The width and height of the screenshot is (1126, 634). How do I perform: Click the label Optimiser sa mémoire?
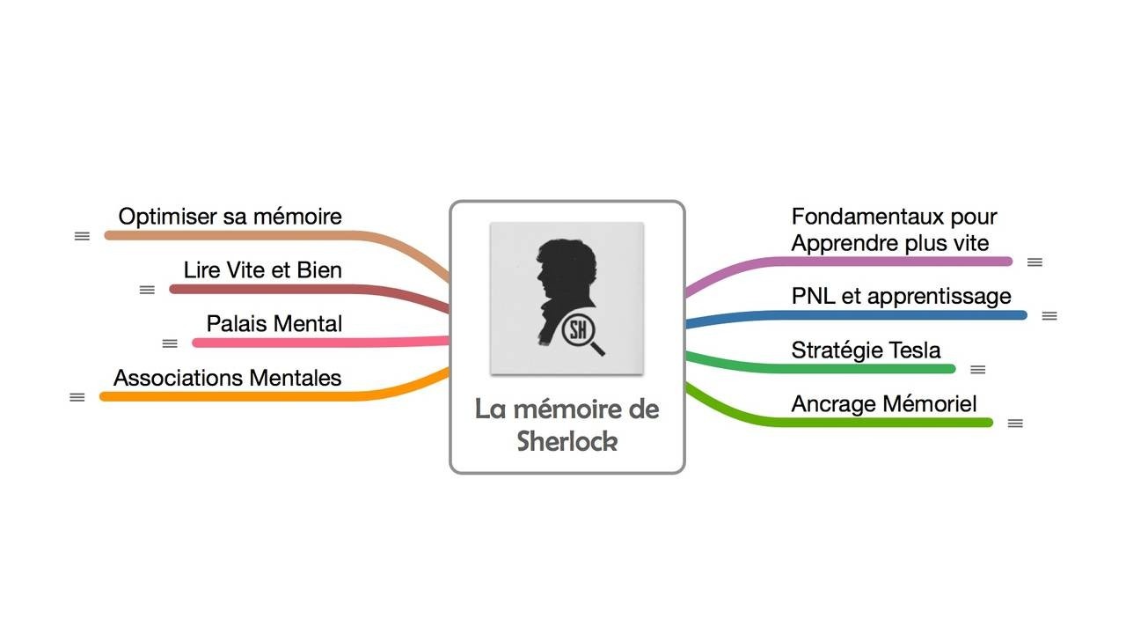230,217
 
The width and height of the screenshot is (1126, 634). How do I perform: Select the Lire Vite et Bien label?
262,269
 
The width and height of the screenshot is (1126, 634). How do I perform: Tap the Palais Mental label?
274,323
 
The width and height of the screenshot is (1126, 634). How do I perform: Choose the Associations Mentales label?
227,378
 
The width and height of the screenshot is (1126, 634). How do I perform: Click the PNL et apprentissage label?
901,296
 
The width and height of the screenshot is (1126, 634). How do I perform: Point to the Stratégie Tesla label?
866,350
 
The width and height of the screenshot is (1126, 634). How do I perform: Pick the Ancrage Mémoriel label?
883,404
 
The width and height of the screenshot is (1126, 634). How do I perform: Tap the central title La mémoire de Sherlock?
567,424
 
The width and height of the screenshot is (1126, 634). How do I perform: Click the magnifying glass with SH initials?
581,333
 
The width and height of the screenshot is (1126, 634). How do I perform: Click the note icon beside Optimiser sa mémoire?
82,236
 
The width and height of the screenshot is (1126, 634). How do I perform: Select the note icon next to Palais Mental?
170,343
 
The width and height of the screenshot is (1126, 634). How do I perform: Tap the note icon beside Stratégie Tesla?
977,370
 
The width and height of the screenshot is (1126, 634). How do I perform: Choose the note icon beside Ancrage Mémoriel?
1015,424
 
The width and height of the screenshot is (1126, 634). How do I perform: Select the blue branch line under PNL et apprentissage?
880,315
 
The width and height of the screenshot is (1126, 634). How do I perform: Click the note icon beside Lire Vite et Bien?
147,290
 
